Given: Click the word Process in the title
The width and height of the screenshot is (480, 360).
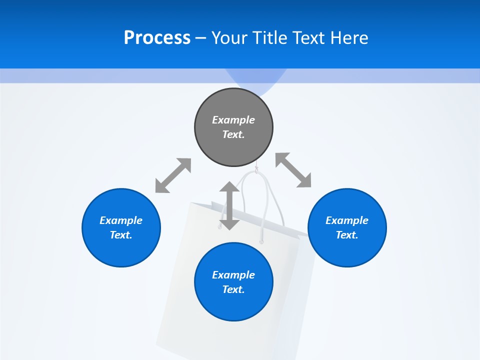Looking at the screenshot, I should click(x=157, y=38).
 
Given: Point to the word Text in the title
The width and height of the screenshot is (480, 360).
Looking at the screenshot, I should click(x=310, y=38).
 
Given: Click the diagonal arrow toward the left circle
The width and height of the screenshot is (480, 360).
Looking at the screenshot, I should click(x=173, y=175).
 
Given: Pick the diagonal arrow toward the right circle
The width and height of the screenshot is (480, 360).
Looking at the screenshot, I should click(x=293, y=170).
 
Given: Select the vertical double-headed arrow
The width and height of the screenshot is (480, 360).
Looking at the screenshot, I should click(x=229, y=206).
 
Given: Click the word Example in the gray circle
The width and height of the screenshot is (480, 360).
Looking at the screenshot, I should click(x=233, y=120).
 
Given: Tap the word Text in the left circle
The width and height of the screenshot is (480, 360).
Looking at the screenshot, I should click(x=121, y=235).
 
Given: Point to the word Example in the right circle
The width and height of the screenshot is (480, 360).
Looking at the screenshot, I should click(x=347, y=220).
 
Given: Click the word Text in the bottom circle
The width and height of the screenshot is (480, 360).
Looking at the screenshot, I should click(x=233, y=289).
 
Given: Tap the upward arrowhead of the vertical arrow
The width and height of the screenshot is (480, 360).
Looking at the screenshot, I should click(x=229, y=188).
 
